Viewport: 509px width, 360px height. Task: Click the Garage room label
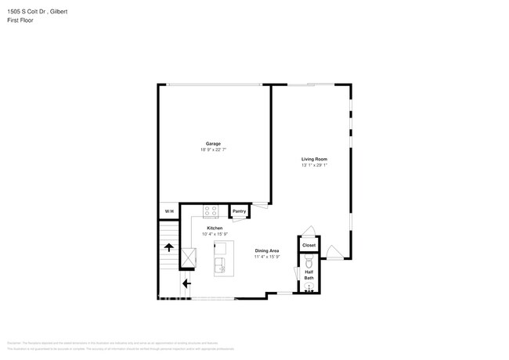(213, 143)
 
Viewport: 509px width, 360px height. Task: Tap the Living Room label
(313, 159)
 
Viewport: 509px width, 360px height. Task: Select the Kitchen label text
(215, 228)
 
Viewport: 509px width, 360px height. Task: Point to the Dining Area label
(267, 250)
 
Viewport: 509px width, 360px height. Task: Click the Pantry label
(239, 211)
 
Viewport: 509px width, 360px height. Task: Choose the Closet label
(309, 245)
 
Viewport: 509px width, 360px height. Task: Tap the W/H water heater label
(168, 212)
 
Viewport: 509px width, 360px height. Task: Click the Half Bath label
(309, 275)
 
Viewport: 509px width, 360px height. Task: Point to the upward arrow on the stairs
(168, 248)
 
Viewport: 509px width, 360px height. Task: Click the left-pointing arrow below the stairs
(186, 283)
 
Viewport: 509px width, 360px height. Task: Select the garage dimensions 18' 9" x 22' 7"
(213, 149)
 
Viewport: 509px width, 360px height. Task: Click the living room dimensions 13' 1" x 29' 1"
(313, 165)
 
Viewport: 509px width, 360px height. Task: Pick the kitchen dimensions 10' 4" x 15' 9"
(215, 234)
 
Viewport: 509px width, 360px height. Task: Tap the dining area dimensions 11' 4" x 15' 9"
(267, 257)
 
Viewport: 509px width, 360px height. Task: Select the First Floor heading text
(20, 20)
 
